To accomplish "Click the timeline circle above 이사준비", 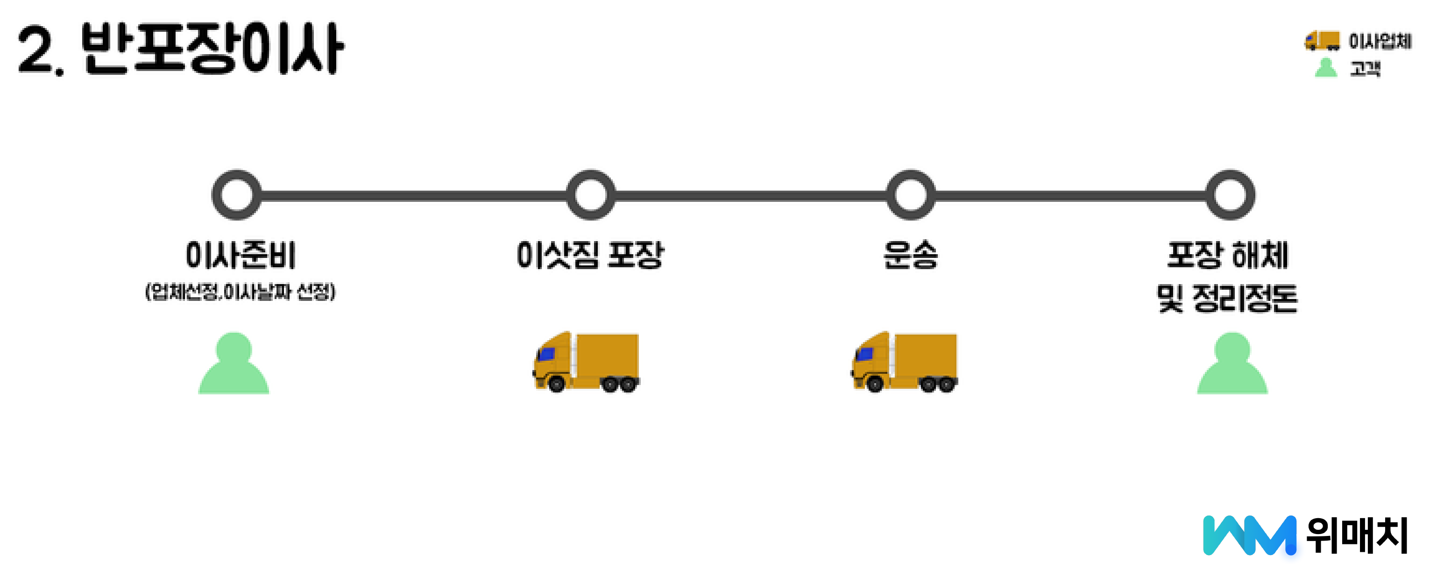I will [x=237, y=195].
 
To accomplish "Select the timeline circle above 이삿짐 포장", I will [x=590, y=195].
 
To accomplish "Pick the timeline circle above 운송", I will [x=910, y=195].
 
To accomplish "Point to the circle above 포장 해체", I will [x=1230, y=195].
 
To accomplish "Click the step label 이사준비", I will [x=241, y=255].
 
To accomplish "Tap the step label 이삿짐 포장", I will [x=590, y=255].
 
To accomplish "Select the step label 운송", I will [x=910, y=255].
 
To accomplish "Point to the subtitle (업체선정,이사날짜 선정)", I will [x=241, y=292].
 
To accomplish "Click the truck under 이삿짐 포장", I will [x=586, y=362].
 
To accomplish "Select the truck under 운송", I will [x=904, y=362].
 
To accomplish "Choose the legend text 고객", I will [x=1365, y=68].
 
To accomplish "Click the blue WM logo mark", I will [x=1249, y=535].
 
